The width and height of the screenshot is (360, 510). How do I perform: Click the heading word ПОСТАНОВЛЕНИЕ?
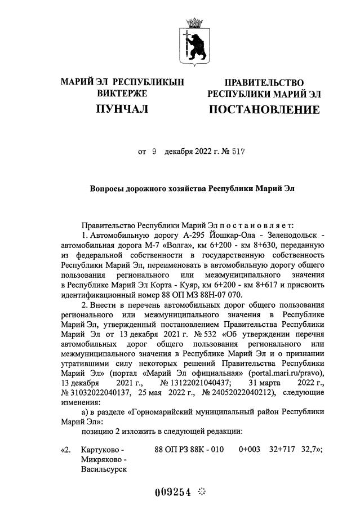[x=264, y=109]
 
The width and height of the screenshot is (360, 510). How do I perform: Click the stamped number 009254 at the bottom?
[x=174, y=492]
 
